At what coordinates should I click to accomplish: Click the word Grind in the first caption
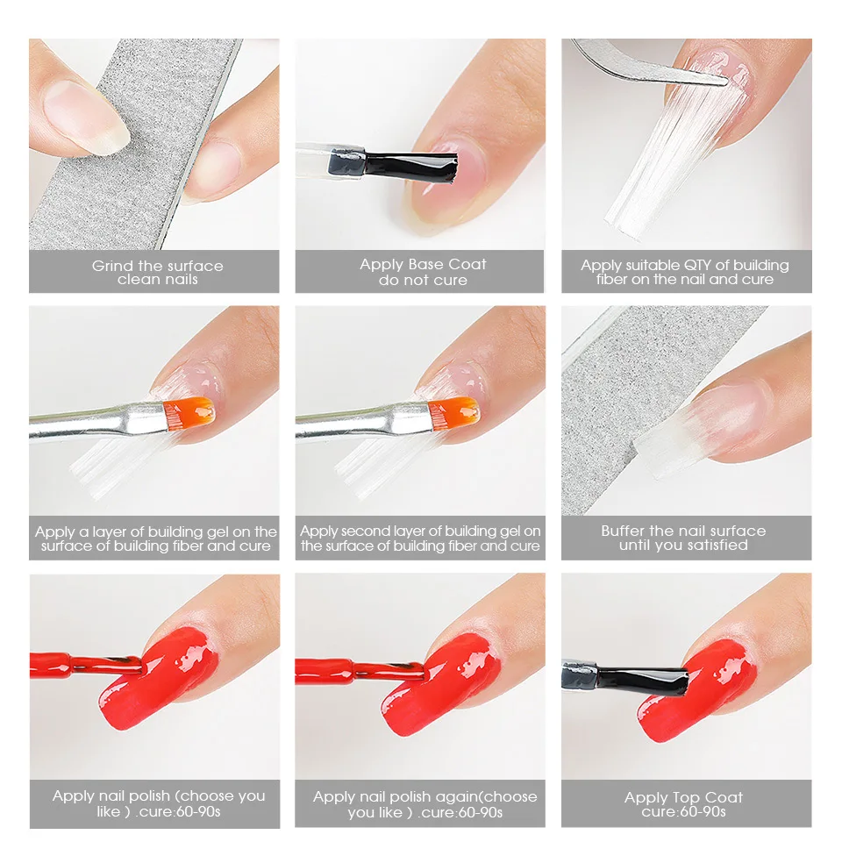[x=112, y=266]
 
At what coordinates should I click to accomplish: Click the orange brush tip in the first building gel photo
[x=189, y=413]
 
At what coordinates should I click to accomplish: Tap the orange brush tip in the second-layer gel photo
[x=453, y=413]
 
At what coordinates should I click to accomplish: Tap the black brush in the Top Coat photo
[x=642, y=680]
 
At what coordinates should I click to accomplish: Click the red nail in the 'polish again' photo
[x=441, y=686]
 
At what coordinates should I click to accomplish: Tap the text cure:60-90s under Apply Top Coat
[x=683, y=812]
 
